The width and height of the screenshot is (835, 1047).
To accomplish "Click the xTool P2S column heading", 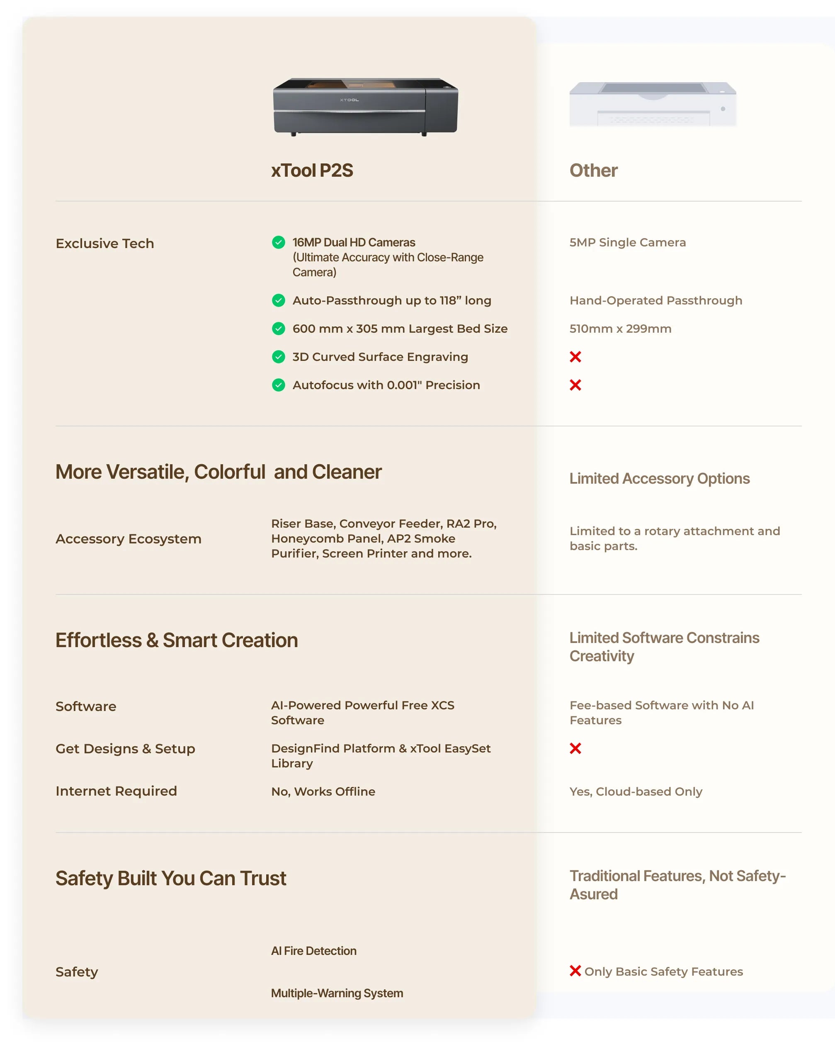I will pos(312,170).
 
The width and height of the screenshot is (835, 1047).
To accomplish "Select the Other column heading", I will pos(593,170).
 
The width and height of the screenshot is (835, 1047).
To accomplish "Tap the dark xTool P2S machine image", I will pos(365,106).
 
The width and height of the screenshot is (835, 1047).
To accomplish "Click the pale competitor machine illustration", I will pos(653,104).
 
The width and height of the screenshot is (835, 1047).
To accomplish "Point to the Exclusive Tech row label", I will pos(105,243).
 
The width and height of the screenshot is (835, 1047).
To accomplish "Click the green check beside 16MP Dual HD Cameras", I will pos(279,242).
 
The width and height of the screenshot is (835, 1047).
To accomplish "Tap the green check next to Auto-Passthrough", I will pos(279,301).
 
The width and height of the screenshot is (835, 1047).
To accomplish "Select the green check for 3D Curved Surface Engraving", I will pos(279,357).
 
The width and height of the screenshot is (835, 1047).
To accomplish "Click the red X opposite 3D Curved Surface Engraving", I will pos(575,357).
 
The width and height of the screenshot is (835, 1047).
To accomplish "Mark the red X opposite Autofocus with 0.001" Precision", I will pos(575,385).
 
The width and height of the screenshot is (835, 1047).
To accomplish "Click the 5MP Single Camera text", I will pos(627,242).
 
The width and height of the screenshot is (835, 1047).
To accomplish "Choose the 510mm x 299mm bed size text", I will pos(620,329).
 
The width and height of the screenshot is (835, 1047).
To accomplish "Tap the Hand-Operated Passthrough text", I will pos(656,301).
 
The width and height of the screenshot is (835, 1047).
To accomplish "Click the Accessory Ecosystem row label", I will pos(128,539).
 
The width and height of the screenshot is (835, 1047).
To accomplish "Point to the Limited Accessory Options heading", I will pos(659,479).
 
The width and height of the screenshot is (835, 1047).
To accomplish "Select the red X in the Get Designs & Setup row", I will pos(575,748).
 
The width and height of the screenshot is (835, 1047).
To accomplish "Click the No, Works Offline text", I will pos(323,791).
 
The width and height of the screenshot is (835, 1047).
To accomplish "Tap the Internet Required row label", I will pos(116,791).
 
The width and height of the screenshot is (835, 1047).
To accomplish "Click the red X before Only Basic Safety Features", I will pos(575,971).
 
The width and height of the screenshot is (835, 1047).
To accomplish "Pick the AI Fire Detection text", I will pos(313,951).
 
